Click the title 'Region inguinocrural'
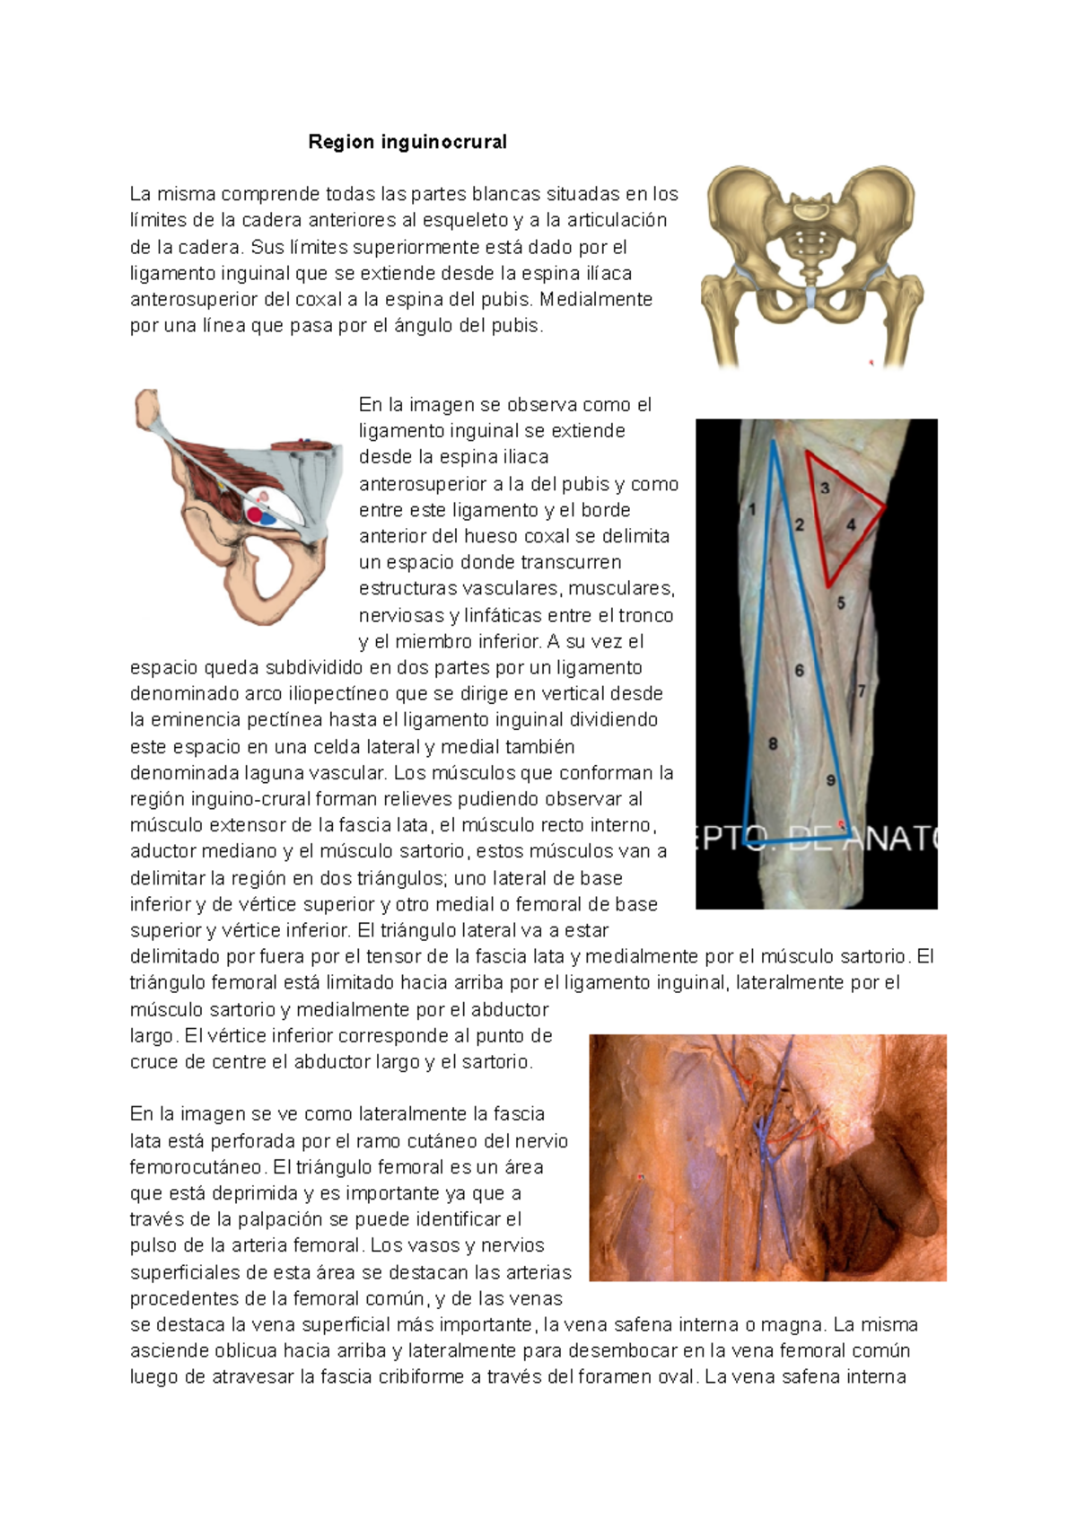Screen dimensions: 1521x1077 407,142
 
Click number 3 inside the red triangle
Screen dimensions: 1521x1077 825,488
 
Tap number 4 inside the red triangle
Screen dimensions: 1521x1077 851,524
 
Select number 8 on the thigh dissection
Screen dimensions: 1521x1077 773,743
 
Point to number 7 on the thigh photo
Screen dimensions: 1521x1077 862,690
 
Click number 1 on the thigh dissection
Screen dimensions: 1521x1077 752,509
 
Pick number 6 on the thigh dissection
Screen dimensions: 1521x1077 799,670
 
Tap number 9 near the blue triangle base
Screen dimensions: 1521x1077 831,780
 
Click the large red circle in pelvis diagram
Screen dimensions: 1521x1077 256,514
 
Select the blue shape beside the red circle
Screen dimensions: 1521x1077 269,518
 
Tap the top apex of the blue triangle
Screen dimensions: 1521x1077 773,441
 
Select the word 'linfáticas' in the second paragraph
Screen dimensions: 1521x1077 492,615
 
